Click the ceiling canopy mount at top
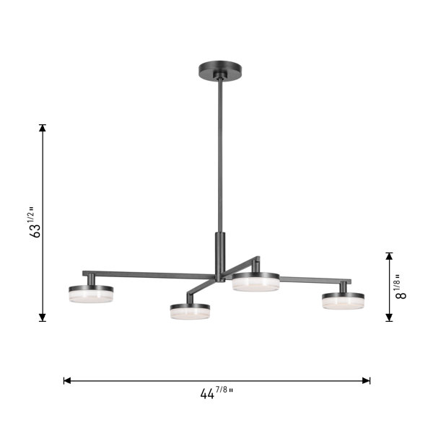(220, 71)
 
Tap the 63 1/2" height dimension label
(35, 222)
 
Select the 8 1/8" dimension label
(401, 287)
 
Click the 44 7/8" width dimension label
(216, 393)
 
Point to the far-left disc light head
(91, 294)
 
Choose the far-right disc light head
(343, 301)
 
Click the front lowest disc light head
(190, 312)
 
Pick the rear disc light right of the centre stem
(255, 282)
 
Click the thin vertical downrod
(220, 155)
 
